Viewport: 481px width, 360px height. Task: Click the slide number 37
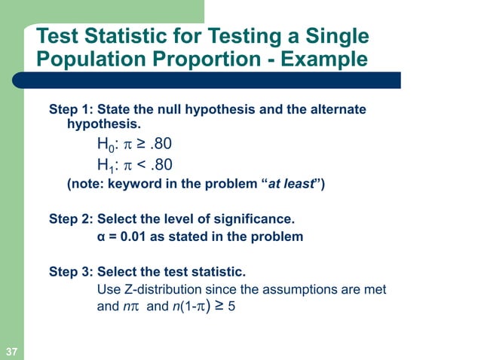pyautogui.click(x=11, y=352)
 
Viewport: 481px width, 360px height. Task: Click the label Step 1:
pyautogui.click(x=69, y=110)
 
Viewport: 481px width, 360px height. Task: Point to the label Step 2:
pyautogui.click(x=69, y=220)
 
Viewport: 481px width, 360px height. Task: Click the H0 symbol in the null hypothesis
pyautogui.click(x=106, y=144)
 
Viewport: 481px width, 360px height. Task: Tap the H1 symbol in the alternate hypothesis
pyautogui.click(x=106, y=165)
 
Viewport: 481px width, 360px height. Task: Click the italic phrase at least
pyautogui.click(x=292, y=184)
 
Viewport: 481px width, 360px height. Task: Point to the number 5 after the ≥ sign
pyautogui.click(x=232, y=307)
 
